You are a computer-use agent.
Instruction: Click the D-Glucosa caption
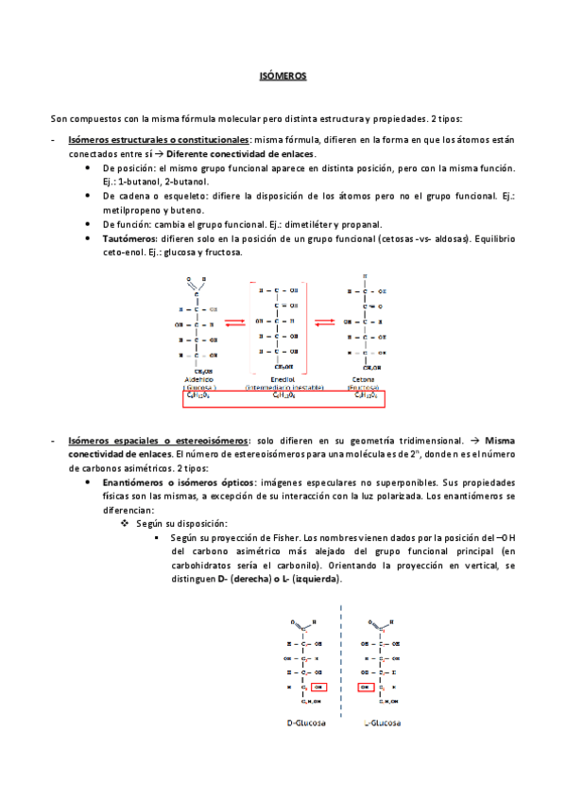click(x=306, y=723)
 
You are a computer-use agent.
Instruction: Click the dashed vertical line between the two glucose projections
click(x=341, y=662)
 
